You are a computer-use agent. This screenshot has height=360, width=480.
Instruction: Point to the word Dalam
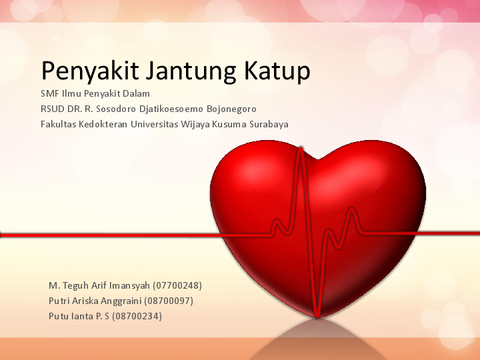tap(136, 93)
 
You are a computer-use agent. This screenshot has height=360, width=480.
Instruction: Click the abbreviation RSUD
tap(52, 109)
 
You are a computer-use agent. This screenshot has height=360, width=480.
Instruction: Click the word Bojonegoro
tap(234, 109)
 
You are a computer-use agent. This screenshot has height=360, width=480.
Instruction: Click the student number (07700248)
tap(178, 285)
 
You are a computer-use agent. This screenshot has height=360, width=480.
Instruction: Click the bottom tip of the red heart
tap(317, 315)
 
